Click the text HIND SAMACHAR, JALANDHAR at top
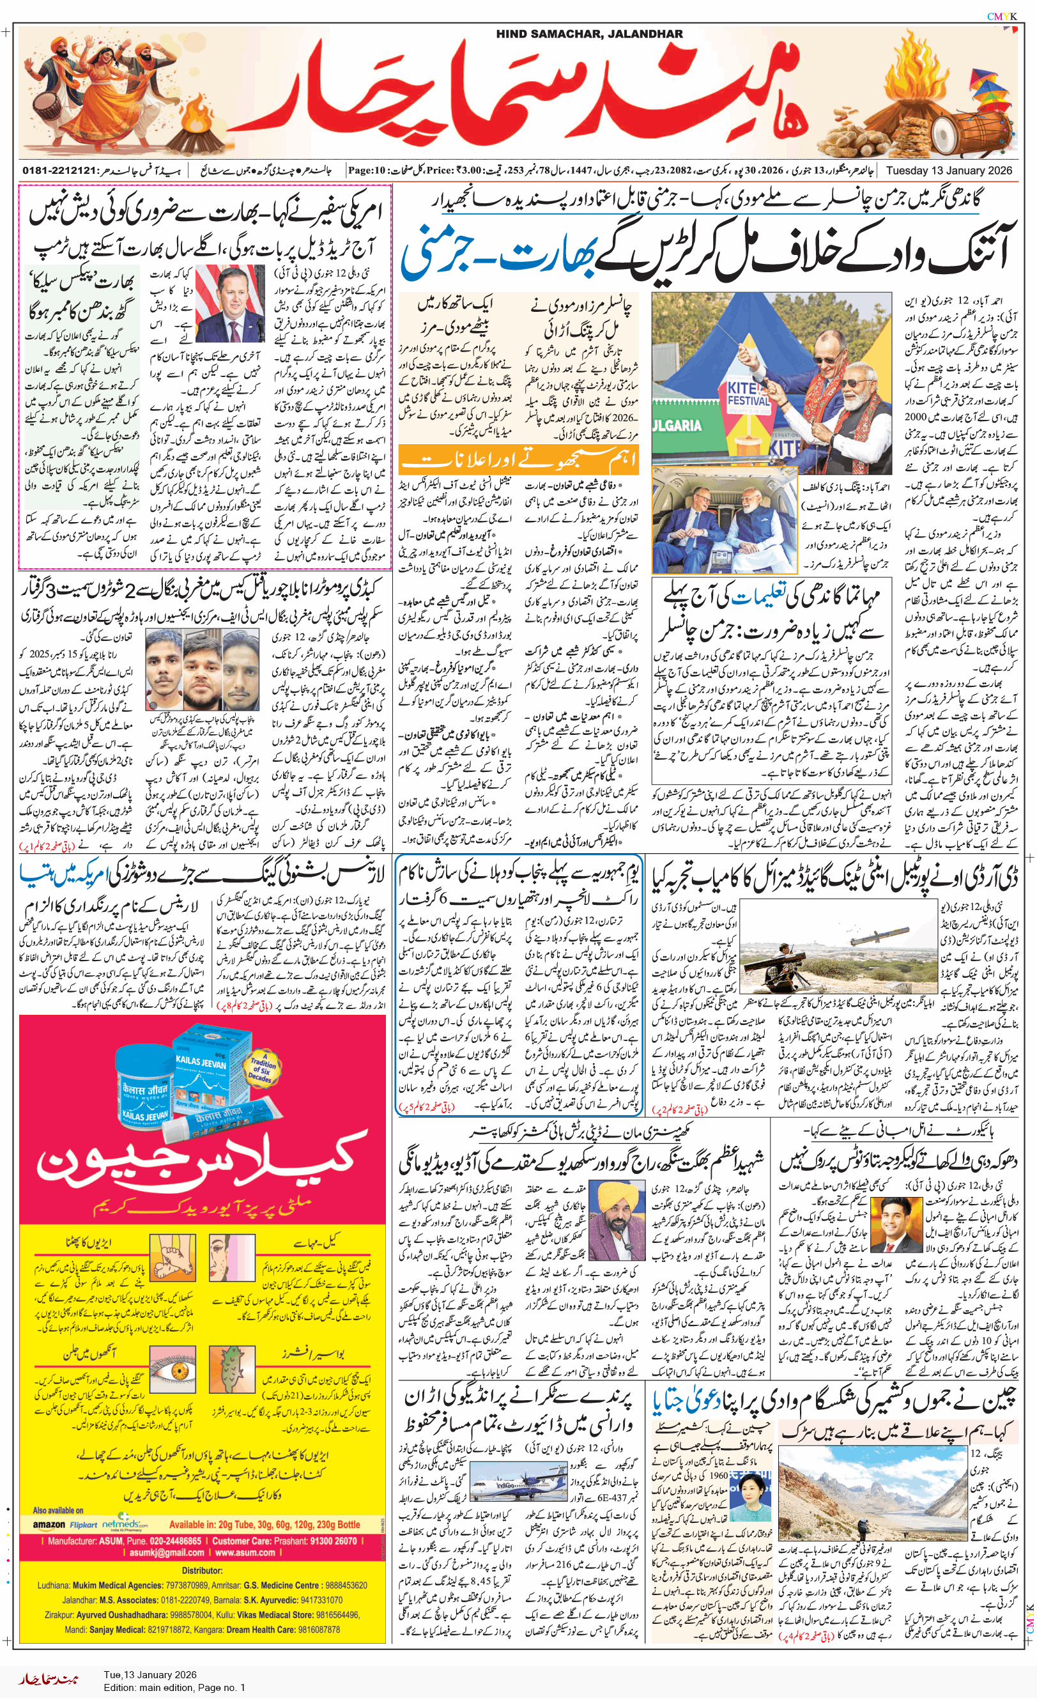(x=589, y=34)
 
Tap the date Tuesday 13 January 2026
(x=949, y=170)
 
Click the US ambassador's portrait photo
(x=230, y=304)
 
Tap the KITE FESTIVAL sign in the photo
(x=748, y=394)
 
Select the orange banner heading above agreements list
(x=519, y=459)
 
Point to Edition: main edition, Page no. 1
(x=174, y=1687)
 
